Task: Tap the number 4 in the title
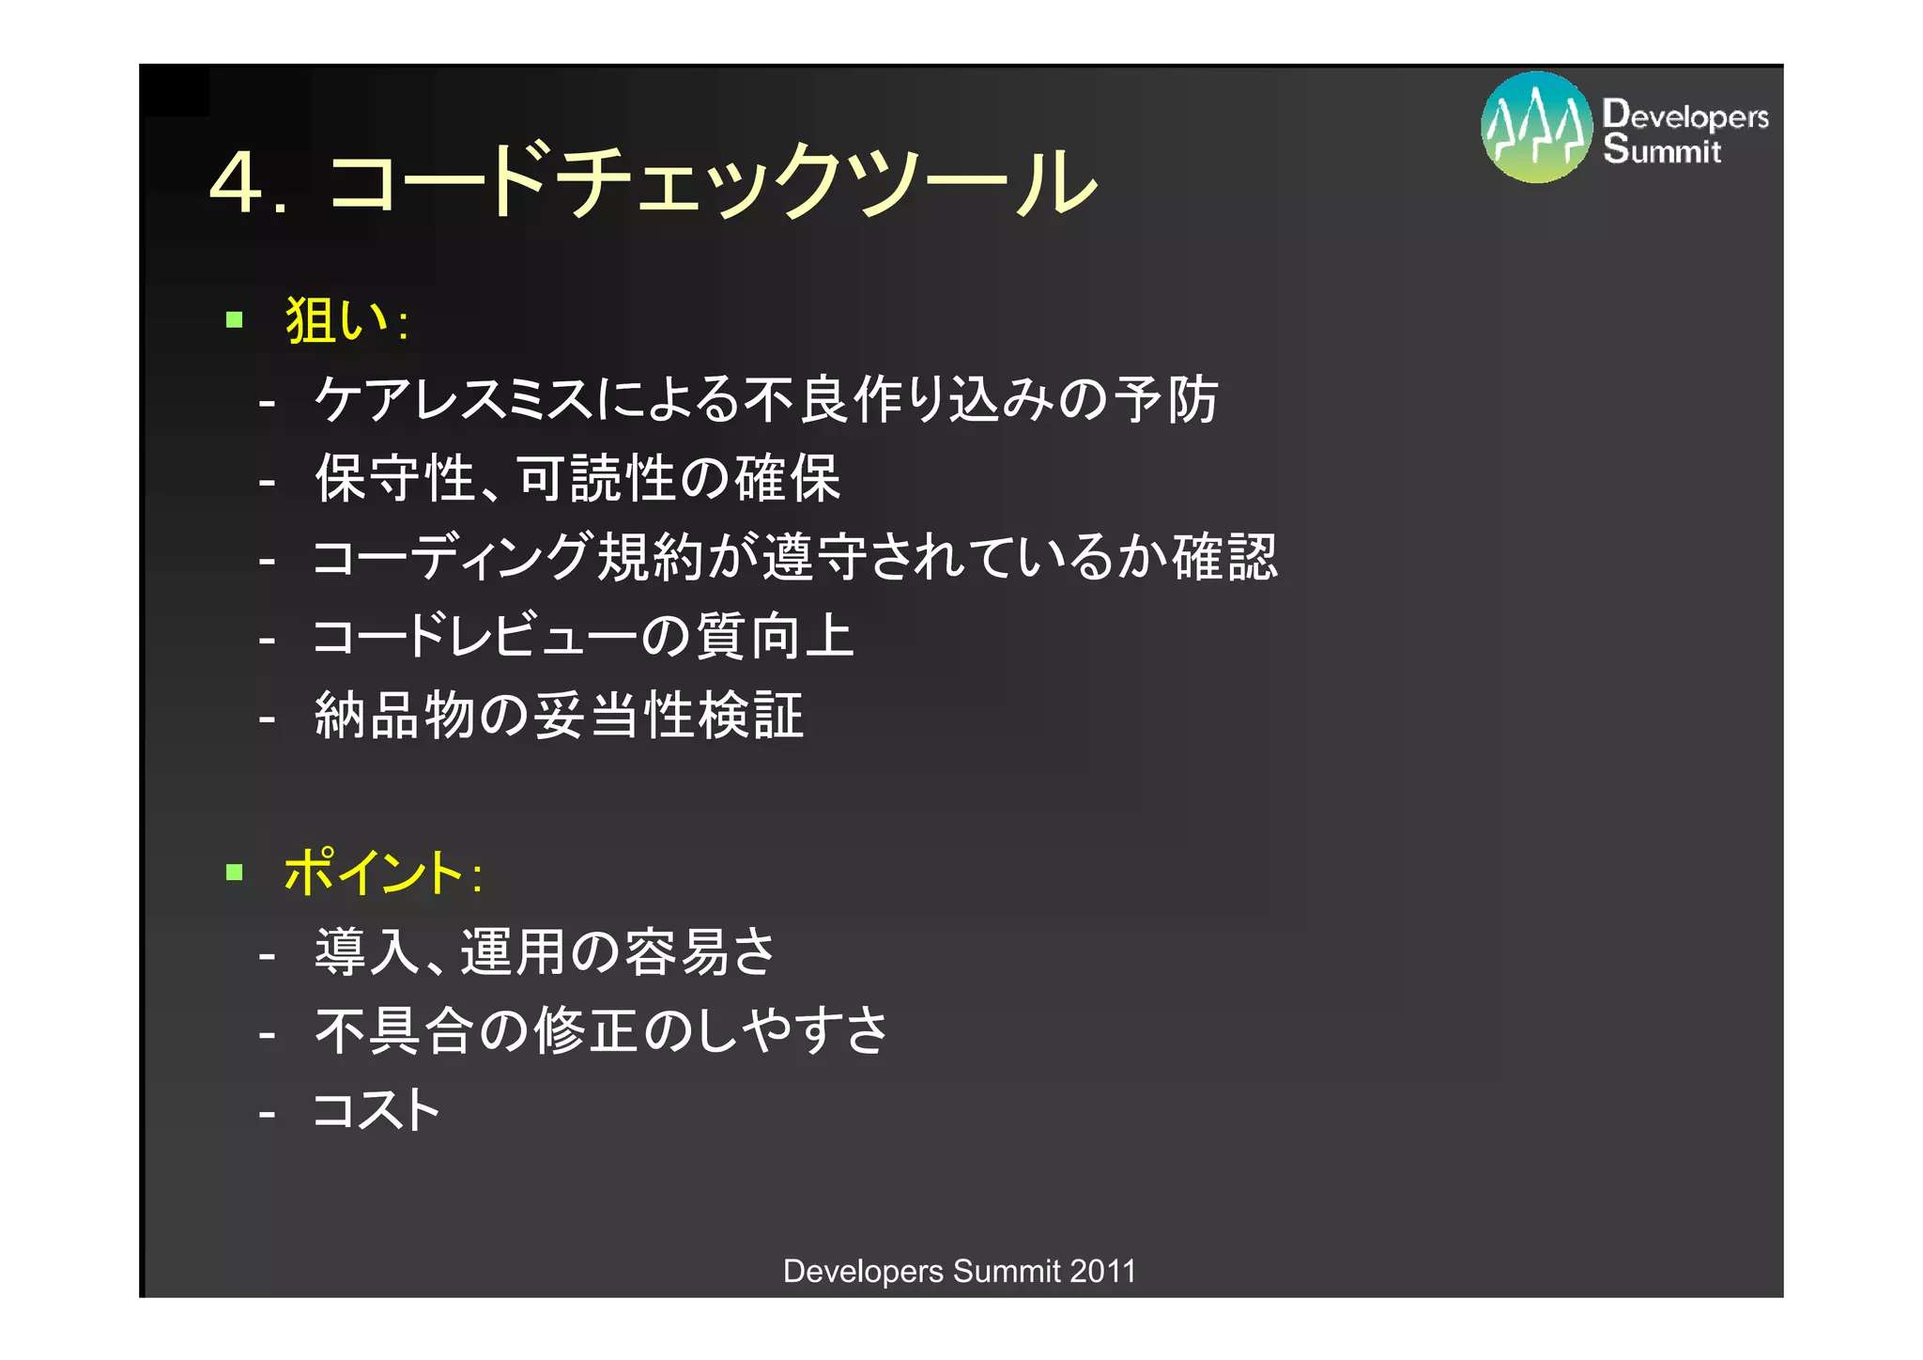(236, 182)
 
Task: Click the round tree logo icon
(1536, 128)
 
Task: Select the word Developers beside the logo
(1685, 116)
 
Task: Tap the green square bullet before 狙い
(235, 320)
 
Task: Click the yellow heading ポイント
(374, 873)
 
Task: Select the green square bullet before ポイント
(235, 873)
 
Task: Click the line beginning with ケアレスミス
(765, 399)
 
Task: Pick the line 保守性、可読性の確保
(577, 478)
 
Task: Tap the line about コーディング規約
(794, 557)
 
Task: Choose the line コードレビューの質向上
(583, 636)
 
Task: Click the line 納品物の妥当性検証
(559, 715)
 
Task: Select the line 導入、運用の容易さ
(546, 951)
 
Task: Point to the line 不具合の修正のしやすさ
(601, 1030)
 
